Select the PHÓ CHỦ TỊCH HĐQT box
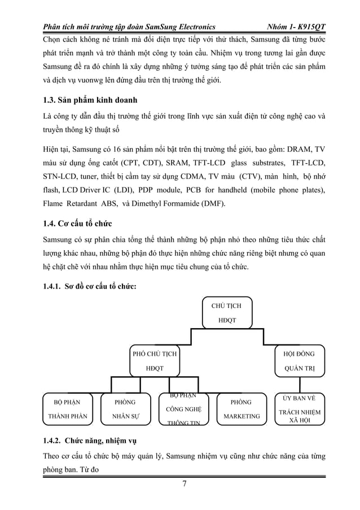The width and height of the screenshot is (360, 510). tap(154, 361)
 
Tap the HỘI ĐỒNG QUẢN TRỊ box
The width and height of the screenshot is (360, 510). tap(298, 361)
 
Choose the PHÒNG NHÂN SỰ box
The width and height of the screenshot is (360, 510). tap(125, 409)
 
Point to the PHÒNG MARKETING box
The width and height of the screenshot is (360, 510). tap(242, 409)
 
